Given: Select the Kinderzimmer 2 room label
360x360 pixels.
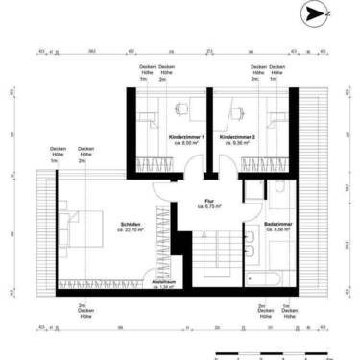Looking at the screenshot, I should [237, 138].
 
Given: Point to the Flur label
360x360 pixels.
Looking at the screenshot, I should [208, 200].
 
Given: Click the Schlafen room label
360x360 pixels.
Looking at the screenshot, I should [130, 225].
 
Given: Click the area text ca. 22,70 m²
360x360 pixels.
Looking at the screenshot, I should [130, 231].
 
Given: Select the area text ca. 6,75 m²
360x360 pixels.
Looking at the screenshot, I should [209, 206].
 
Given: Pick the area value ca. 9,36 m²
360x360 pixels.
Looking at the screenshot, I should [237, 145].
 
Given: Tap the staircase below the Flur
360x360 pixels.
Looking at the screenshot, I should [209, 259].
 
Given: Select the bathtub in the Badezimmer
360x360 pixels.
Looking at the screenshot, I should [268, 280].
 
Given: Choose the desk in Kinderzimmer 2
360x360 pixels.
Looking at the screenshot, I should [236, 109].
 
